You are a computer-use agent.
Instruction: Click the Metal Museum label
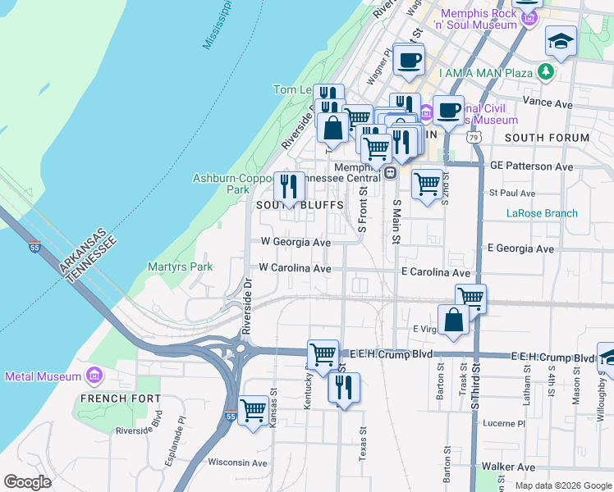tap(43, 376)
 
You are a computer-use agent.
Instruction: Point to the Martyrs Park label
tap(180, 266)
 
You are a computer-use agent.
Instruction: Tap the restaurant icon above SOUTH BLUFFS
tap(288, 187)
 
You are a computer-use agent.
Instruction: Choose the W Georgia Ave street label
tap(296, 243)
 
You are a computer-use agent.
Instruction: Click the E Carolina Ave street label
tap(435, 271)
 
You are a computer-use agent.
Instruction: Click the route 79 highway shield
tap(475, 139)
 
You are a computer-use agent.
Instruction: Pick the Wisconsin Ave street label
tap(238, 462)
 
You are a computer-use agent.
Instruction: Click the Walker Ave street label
tap(515, 466)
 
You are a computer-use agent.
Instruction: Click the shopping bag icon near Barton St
tap(453, 320)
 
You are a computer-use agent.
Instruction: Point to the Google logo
tap(28, 482)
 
